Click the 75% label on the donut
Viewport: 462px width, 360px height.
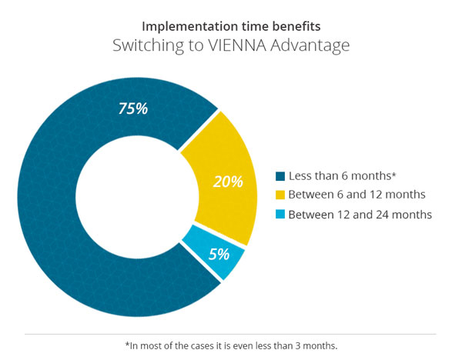(x=132, y=108)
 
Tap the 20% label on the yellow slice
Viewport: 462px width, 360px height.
(x=228, y=182)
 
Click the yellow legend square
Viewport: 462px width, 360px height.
(x=280, y=195)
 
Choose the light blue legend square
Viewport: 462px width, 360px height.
(x=280, y=214)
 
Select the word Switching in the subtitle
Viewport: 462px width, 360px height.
(x=146, y=46)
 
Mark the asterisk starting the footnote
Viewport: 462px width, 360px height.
(x=127, y=345)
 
